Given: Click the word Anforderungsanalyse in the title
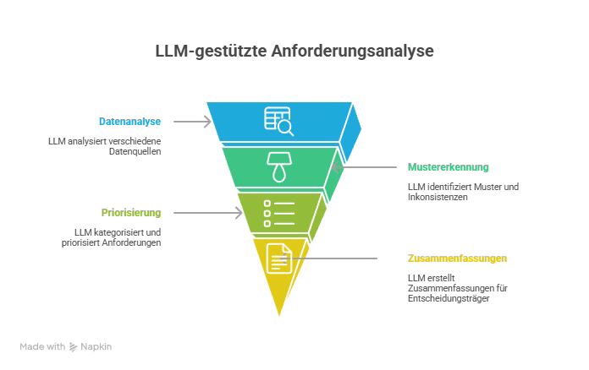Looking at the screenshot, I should tap(353, 52).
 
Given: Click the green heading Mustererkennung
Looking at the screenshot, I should tap(448, 167).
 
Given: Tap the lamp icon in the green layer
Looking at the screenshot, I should tap(278, 166).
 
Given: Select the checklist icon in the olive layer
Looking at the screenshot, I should tap(279, 214).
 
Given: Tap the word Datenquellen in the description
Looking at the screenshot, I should tap(136, 152).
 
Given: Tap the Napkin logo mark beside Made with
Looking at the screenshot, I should tap(74, 346).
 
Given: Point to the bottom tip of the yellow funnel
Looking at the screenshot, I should tap(279, 318).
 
